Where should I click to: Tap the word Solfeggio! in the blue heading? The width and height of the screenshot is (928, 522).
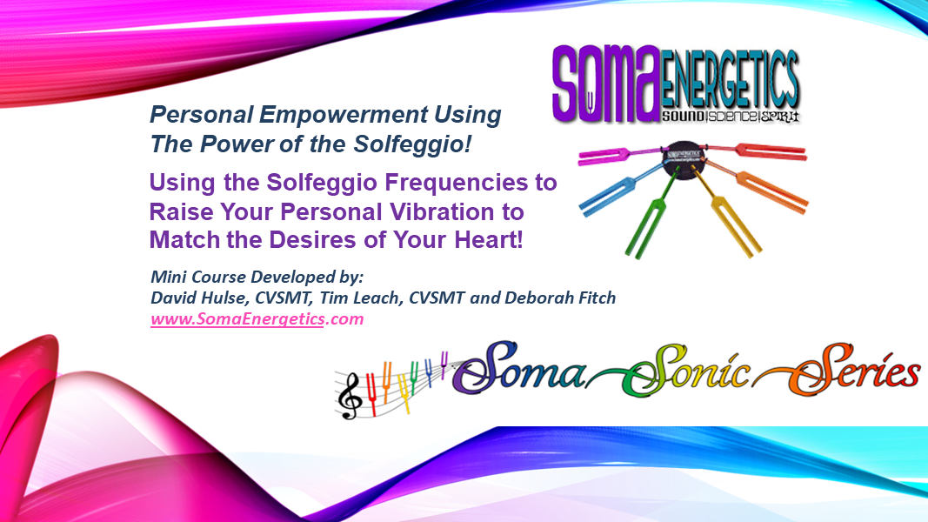(412, 144)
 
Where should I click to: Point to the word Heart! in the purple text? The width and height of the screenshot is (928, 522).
(488, 240)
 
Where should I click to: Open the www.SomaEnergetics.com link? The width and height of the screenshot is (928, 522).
(257, 319)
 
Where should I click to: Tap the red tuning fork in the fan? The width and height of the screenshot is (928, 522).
(754, 151)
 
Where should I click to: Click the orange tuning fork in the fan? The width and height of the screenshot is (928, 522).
(758, 186)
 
